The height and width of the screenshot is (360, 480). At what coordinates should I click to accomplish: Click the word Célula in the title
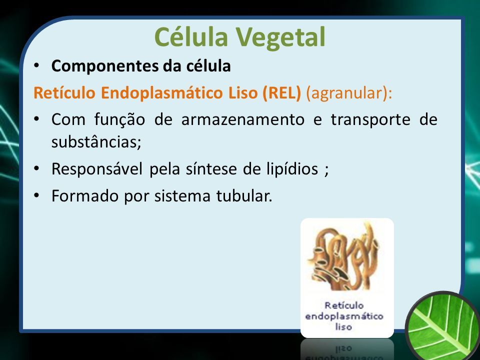pyautogui.click(x=191, y=36)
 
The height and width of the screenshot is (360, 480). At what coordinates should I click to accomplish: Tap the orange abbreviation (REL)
pyautogui.click(x=281, y=93)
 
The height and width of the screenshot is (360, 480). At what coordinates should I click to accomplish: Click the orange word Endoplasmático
pyautogui.click(x=162, y=93)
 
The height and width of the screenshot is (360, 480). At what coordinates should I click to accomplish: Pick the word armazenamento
pyautogui.click(x=243, y=119)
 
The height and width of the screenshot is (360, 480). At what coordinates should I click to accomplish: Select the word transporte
pyautogui.click(x=370, y=120)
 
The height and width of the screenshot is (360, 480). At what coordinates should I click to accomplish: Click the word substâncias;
pyautogui.click(x=96, y=141)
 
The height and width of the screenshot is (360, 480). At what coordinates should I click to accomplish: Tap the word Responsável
pyautogui.click(x=96, y=169)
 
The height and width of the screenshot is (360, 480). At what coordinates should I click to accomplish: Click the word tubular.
pyautogui.click(x=244, y=196)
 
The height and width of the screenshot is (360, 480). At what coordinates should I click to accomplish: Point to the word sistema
pyautogui.click(x=182, y=196)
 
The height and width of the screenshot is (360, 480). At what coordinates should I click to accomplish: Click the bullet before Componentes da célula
pyautogui.click(x=36, y=65)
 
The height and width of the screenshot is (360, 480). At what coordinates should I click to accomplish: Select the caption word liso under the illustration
pyautogui.click(x=343, y=326)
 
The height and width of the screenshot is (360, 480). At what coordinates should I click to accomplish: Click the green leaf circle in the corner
pyautogui.click(x=444, y=326)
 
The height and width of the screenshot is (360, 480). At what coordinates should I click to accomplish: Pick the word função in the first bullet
pyautogui.click(x=119, y=120)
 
